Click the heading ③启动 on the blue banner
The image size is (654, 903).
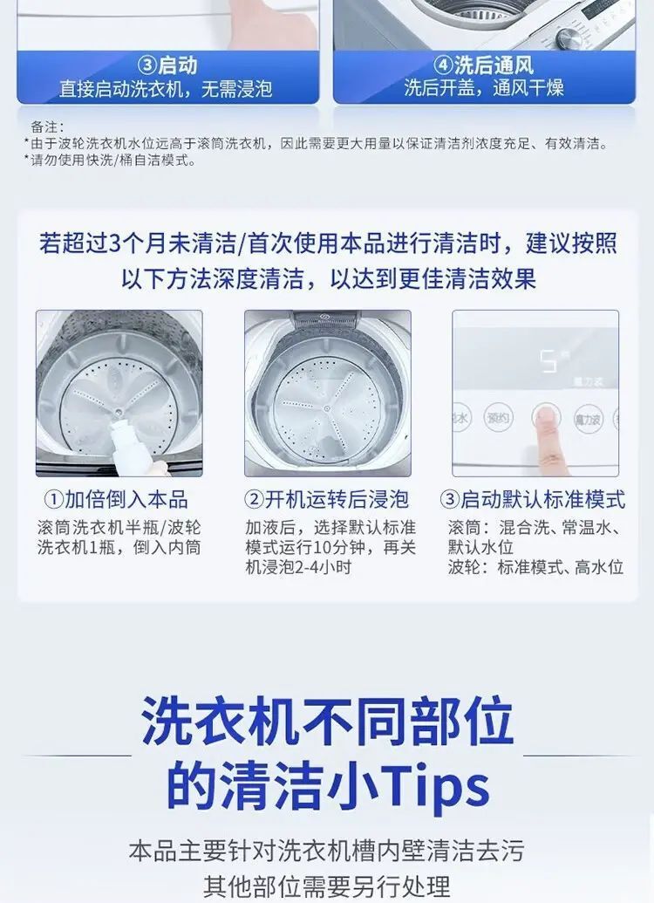coord(168,65)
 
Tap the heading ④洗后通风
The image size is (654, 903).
coord(484,65)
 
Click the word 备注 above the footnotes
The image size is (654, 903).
coord(44,127)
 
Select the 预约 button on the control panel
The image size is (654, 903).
coord(497,418)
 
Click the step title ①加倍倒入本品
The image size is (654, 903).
coord(116,499)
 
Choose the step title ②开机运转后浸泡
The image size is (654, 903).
coord(326,499)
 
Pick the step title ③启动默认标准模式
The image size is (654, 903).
coord(532,499)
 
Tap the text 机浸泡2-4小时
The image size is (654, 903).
coord(297,567)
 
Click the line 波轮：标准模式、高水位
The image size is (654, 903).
coord(535,567)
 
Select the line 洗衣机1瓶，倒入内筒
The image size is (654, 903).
coord(119,547)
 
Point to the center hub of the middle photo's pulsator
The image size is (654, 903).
coord(327,408)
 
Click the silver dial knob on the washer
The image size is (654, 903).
coord(569,39)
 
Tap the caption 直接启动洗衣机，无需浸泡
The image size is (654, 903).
coord(166,89)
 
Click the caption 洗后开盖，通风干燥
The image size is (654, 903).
coord(484,88)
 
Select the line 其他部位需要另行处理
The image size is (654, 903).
coord(326,886)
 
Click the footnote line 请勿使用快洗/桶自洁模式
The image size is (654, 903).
coord(110,161)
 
